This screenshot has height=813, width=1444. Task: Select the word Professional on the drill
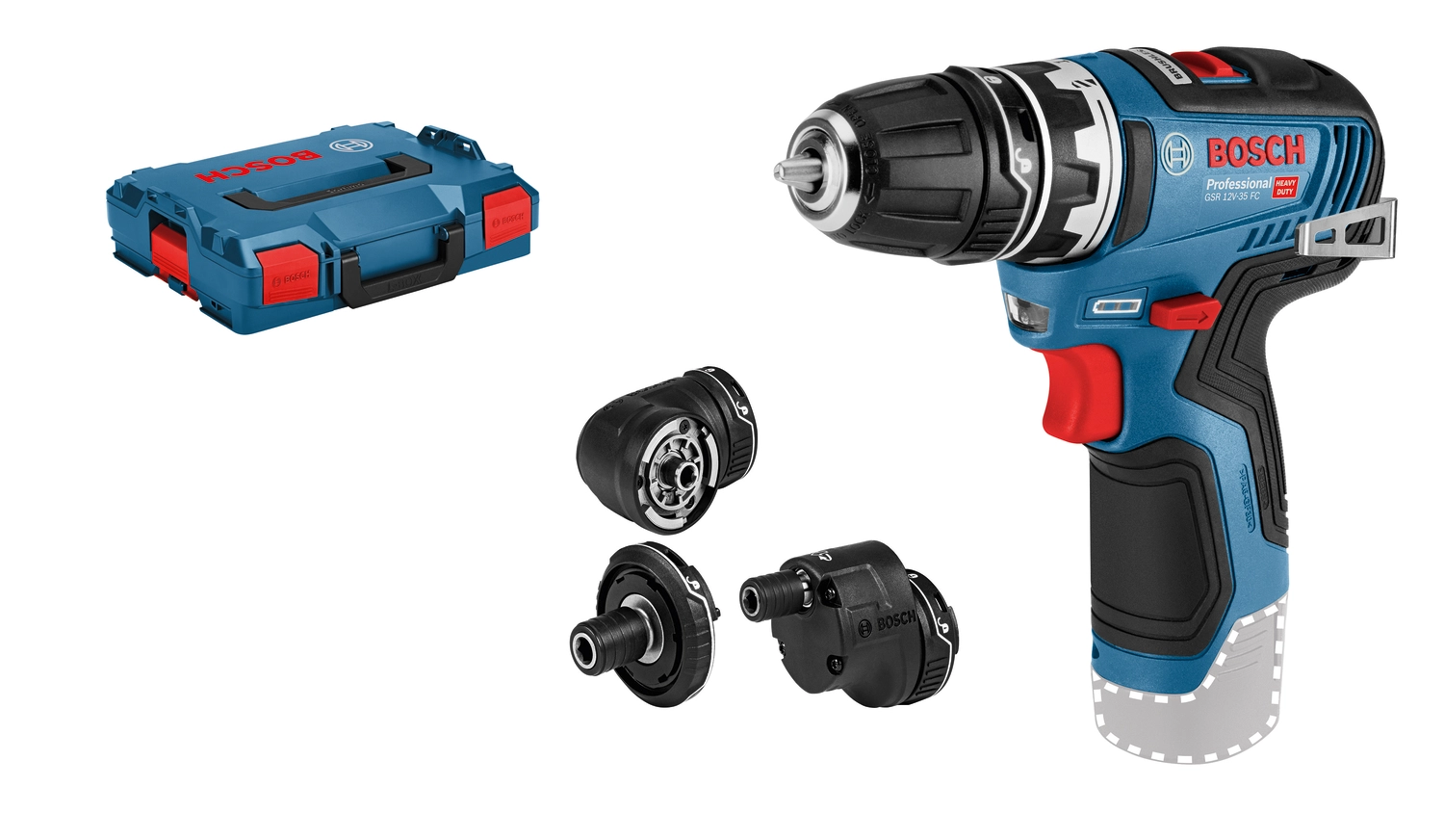pos(1239,184)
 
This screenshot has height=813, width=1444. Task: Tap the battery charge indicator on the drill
pos(1116,307)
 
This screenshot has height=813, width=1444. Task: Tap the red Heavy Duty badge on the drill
pos(1285,187)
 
